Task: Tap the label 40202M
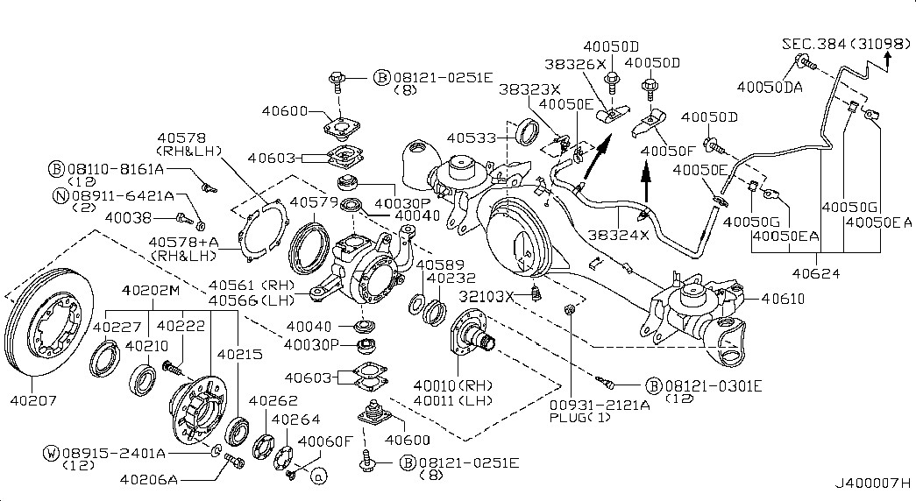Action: click(150, 291)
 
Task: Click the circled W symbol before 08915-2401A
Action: click(52, 453)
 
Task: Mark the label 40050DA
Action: click(770, 88)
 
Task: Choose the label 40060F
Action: click(325, 441)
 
